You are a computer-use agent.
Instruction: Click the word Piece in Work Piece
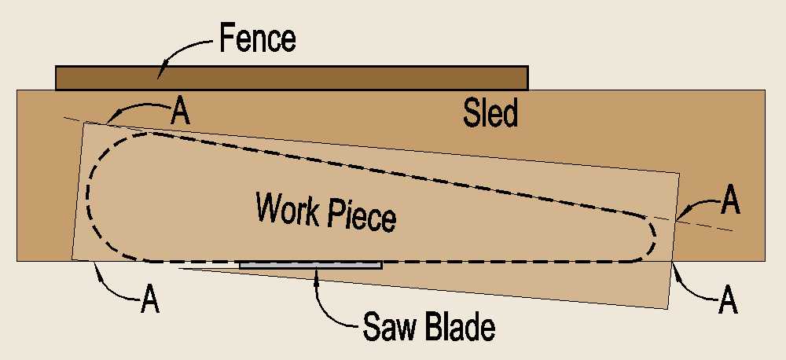point(358,215)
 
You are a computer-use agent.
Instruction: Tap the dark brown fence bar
point(292,78)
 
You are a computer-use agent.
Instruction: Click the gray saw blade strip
point(310,265)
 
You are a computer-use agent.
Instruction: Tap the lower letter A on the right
point(729,302)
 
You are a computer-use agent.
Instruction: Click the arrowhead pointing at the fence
point(160,75)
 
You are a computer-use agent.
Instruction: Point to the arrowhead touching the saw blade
point(316,271)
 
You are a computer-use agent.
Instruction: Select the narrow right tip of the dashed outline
point(656,235)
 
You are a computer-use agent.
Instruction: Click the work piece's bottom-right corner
point(668,308)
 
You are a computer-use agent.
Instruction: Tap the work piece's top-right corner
point(679,173)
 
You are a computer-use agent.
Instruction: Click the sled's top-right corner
point(765,90)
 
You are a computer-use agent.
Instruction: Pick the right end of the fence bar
point(526,78)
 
